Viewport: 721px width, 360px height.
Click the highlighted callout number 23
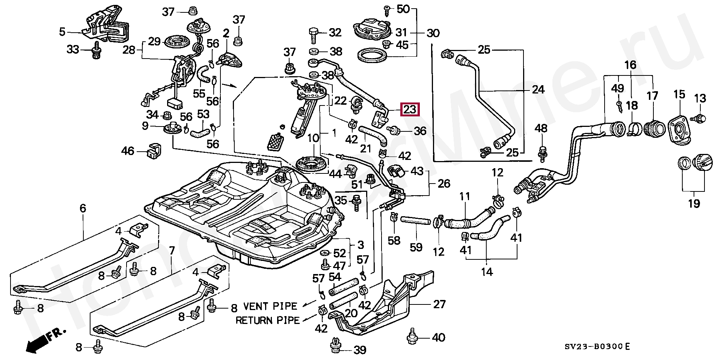410,110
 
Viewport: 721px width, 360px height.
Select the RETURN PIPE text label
267,320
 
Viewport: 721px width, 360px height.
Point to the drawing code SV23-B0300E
599,346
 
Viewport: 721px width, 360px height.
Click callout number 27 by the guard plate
439,304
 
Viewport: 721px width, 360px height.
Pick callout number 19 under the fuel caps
694,204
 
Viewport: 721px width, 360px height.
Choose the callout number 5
62,32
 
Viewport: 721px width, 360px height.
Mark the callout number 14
487,271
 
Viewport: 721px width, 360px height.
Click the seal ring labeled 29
176,41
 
